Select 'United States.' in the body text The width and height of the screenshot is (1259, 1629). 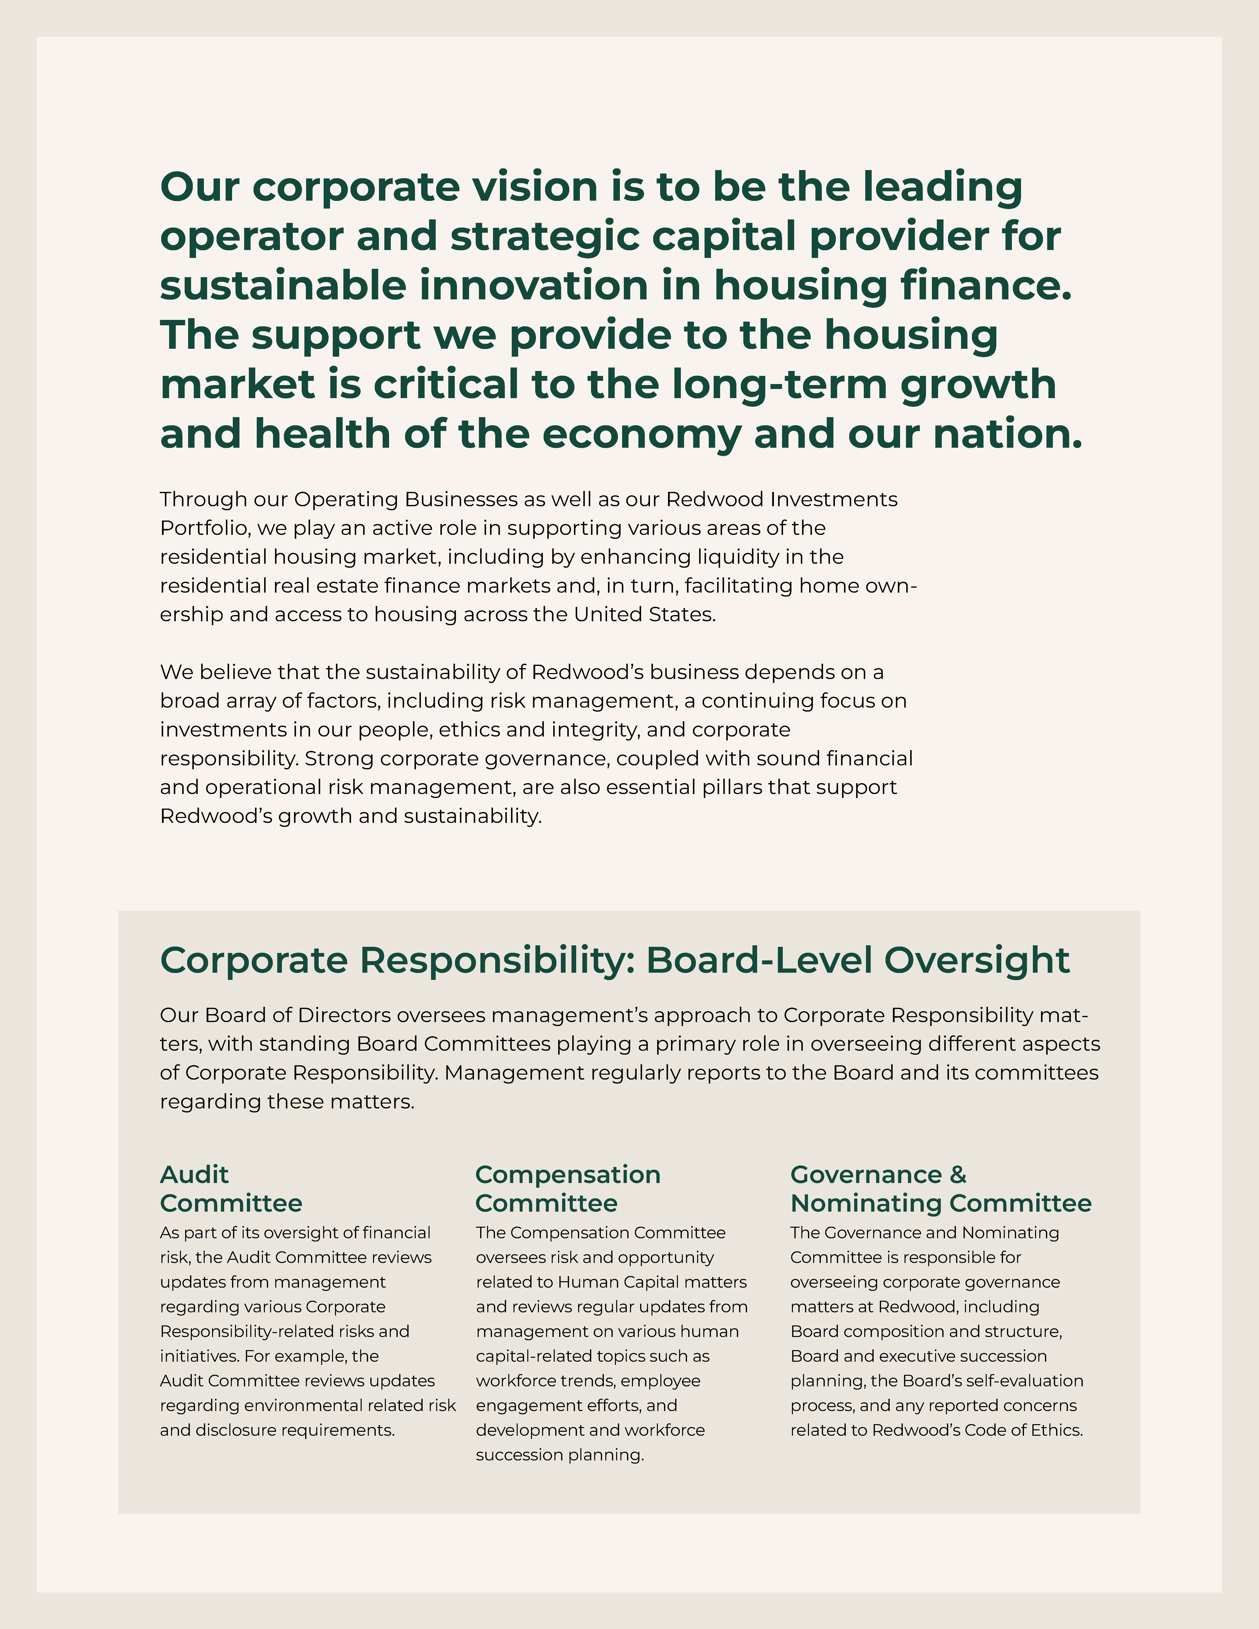(644, 615)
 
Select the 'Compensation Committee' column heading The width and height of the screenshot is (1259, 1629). (568, 1189)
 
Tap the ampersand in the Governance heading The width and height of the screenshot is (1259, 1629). (958, 1175)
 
